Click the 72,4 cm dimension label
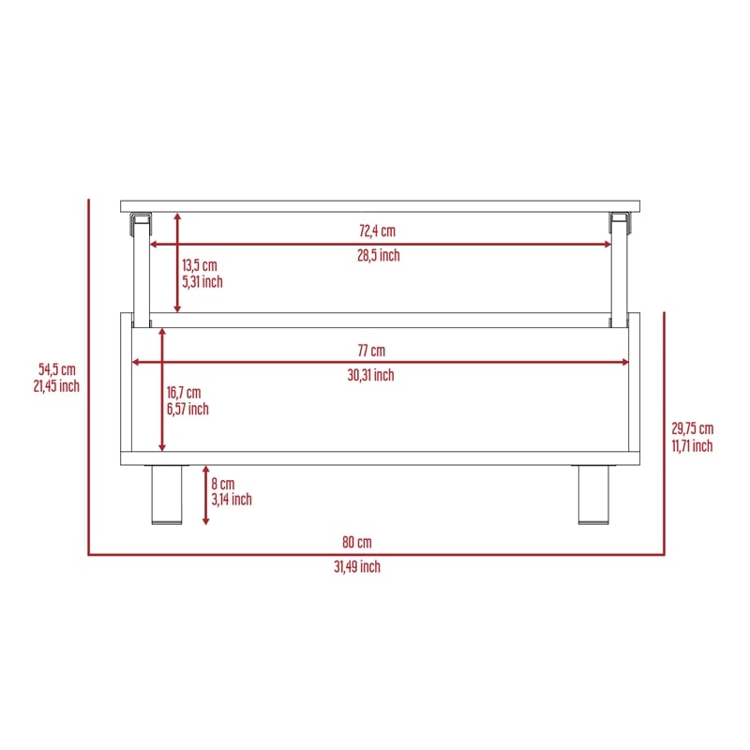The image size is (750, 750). (378, 231)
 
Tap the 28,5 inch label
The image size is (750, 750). (379, 255)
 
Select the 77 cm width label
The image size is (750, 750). (371, 351)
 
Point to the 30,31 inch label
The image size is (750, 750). (370, 375)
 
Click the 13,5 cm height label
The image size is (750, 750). (200, 265)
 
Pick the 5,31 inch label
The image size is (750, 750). (202, 282)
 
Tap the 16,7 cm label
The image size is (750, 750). (184, 393)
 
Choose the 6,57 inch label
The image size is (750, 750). (187, 409)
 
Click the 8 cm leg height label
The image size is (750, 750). (223, 484)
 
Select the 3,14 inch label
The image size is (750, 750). (232, 500)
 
